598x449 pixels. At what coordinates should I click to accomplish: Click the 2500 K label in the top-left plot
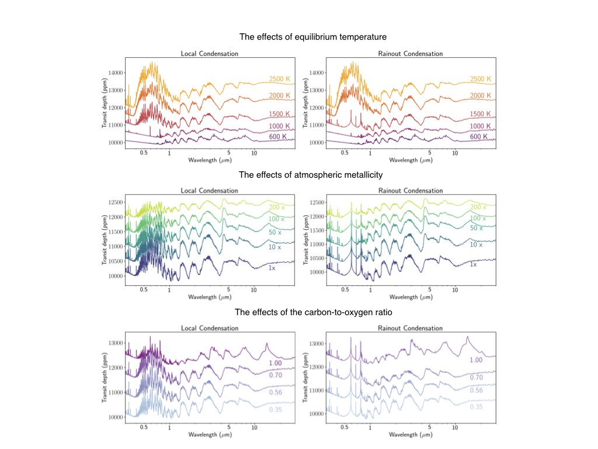[279, 79]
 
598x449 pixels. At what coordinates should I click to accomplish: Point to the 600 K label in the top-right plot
[480, 136]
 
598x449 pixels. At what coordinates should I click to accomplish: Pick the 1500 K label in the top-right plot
[481, 114]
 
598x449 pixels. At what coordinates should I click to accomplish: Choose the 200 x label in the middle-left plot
[276, 207]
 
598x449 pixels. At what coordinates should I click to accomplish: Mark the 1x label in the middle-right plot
[474, 264]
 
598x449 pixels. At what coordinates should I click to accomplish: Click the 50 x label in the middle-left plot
[274, 232]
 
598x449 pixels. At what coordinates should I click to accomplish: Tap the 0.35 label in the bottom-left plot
[275, 410]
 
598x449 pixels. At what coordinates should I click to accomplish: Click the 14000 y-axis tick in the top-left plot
[115, 72]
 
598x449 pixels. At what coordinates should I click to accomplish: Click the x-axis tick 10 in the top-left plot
[254, 153]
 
